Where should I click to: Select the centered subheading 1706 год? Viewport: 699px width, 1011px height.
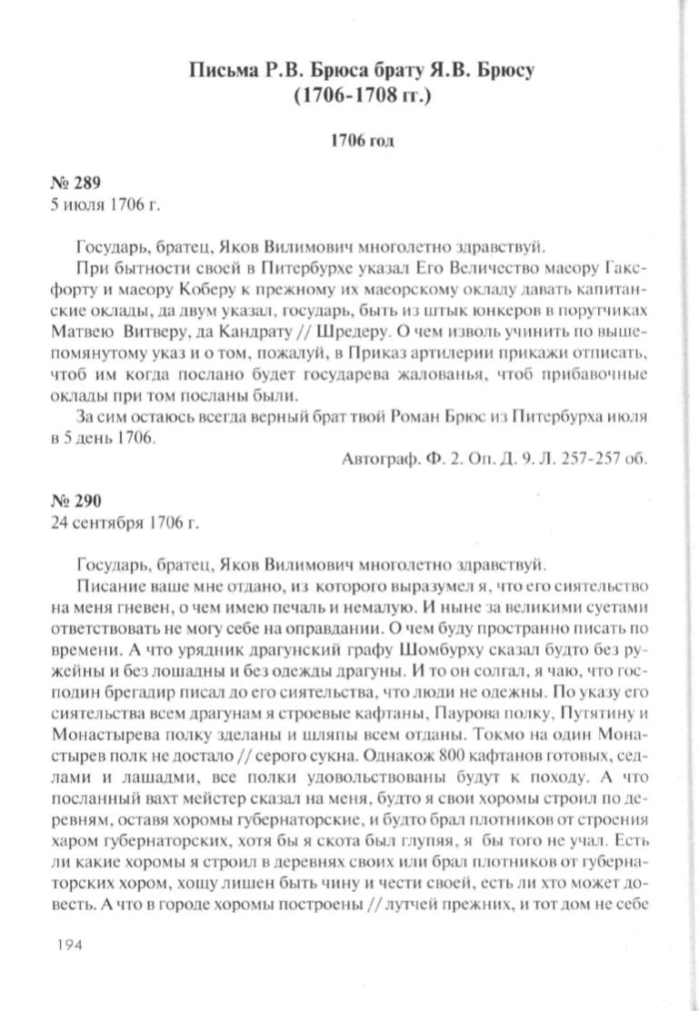(359, 142)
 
